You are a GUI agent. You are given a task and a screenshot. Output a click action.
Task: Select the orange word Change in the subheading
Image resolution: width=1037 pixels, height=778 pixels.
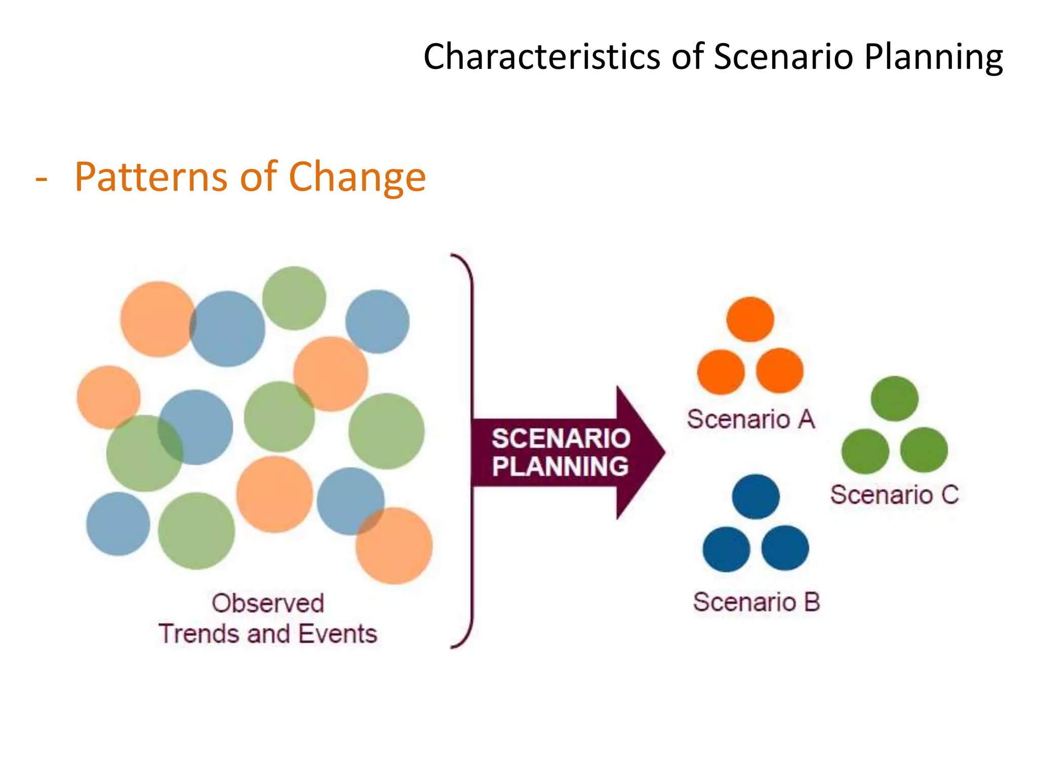pyautogui.click(x=357, y=177)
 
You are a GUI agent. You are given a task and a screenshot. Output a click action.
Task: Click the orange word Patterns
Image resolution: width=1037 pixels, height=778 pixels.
pyautogui.click(x=151, y=177)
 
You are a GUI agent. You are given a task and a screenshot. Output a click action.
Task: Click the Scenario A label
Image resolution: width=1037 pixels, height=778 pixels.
pyautogui.click(x=750, y=419)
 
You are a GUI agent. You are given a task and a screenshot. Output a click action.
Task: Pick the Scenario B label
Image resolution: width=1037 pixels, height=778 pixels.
pyautogui.click(x=756, y=602)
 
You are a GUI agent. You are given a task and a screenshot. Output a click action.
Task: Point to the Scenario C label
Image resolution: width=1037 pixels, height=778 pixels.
pyautogui.click(x=894, y=495)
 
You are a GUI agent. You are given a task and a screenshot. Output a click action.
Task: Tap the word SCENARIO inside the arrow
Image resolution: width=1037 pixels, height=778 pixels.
pyautogui.click(x=561, y=439)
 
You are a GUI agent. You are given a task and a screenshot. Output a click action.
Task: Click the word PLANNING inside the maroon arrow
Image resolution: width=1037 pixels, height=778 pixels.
pyautogui.click(x=560, y=466)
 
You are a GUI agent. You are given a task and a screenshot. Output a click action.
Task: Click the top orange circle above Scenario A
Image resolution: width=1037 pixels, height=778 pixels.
pyautogui.click(x=750, y=320)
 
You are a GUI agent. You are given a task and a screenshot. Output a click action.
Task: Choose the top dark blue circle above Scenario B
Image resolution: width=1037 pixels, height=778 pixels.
pyautogui.click(x=755, y=497)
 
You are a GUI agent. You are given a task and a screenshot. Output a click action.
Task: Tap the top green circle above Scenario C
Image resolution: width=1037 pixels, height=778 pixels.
pyautogui.click(x=894, y=399)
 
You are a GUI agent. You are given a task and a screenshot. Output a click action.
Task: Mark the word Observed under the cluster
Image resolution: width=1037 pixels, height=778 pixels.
pyautogui.click(x=268, y=604)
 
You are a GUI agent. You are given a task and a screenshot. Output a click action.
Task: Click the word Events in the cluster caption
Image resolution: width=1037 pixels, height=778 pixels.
pyautogui.click(x=338, y=634)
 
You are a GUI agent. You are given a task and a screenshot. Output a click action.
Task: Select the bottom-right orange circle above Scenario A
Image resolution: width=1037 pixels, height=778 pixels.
pyautogui.click(x=779, y=371)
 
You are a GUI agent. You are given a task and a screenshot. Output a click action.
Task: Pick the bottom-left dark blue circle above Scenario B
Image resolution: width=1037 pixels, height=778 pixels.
pyautogui.click(x=726, y=549)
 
